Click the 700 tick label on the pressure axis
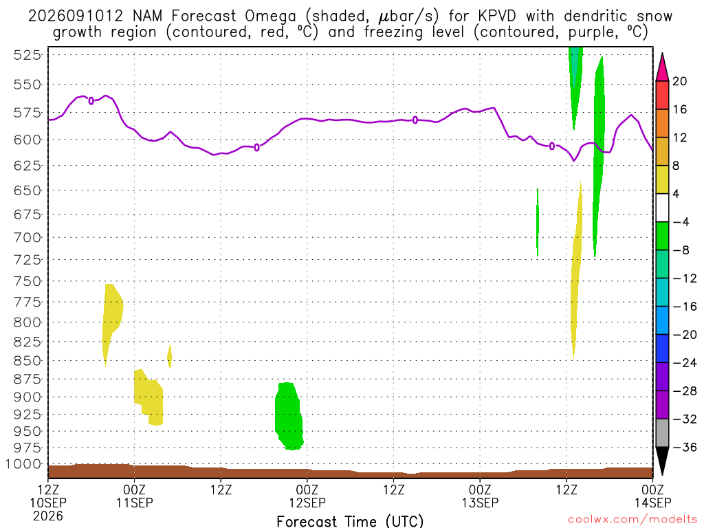point(27,237)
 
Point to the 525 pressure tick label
point(27,55)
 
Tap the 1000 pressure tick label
point(23,464)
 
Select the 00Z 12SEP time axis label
point(307,496)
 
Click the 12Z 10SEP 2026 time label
point(48,503)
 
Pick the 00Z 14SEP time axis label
point(653,496)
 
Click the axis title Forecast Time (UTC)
point(350,521)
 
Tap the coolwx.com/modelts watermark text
point(632,520)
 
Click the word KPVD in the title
point(496,16)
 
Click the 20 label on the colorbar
point(680,81)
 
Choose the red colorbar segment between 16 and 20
point(662,95)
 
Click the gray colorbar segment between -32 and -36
point(662,433)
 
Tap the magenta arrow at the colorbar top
point(662,67)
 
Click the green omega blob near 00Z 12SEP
point(289,416)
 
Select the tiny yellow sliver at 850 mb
point(169,357)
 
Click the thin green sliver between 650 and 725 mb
point(538,222)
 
